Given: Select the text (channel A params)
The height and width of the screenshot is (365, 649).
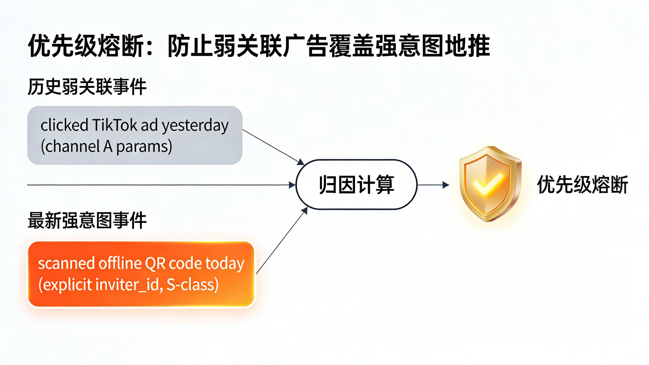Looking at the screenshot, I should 106,146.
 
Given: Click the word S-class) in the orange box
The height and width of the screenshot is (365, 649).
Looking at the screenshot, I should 193,285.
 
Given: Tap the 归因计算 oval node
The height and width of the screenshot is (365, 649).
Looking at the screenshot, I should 356,185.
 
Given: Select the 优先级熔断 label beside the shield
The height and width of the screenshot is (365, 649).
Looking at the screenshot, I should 582,185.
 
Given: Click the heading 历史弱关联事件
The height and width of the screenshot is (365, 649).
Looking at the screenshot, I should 87,87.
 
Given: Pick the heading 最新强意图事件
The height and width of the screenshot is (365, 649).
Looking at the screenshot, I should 87,220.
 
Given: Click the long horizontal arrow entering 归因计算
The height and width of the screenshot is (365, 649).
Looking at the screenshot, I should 161,185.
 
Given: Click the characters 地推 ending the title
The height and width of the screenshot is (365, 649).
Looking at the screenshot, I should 467,46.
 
